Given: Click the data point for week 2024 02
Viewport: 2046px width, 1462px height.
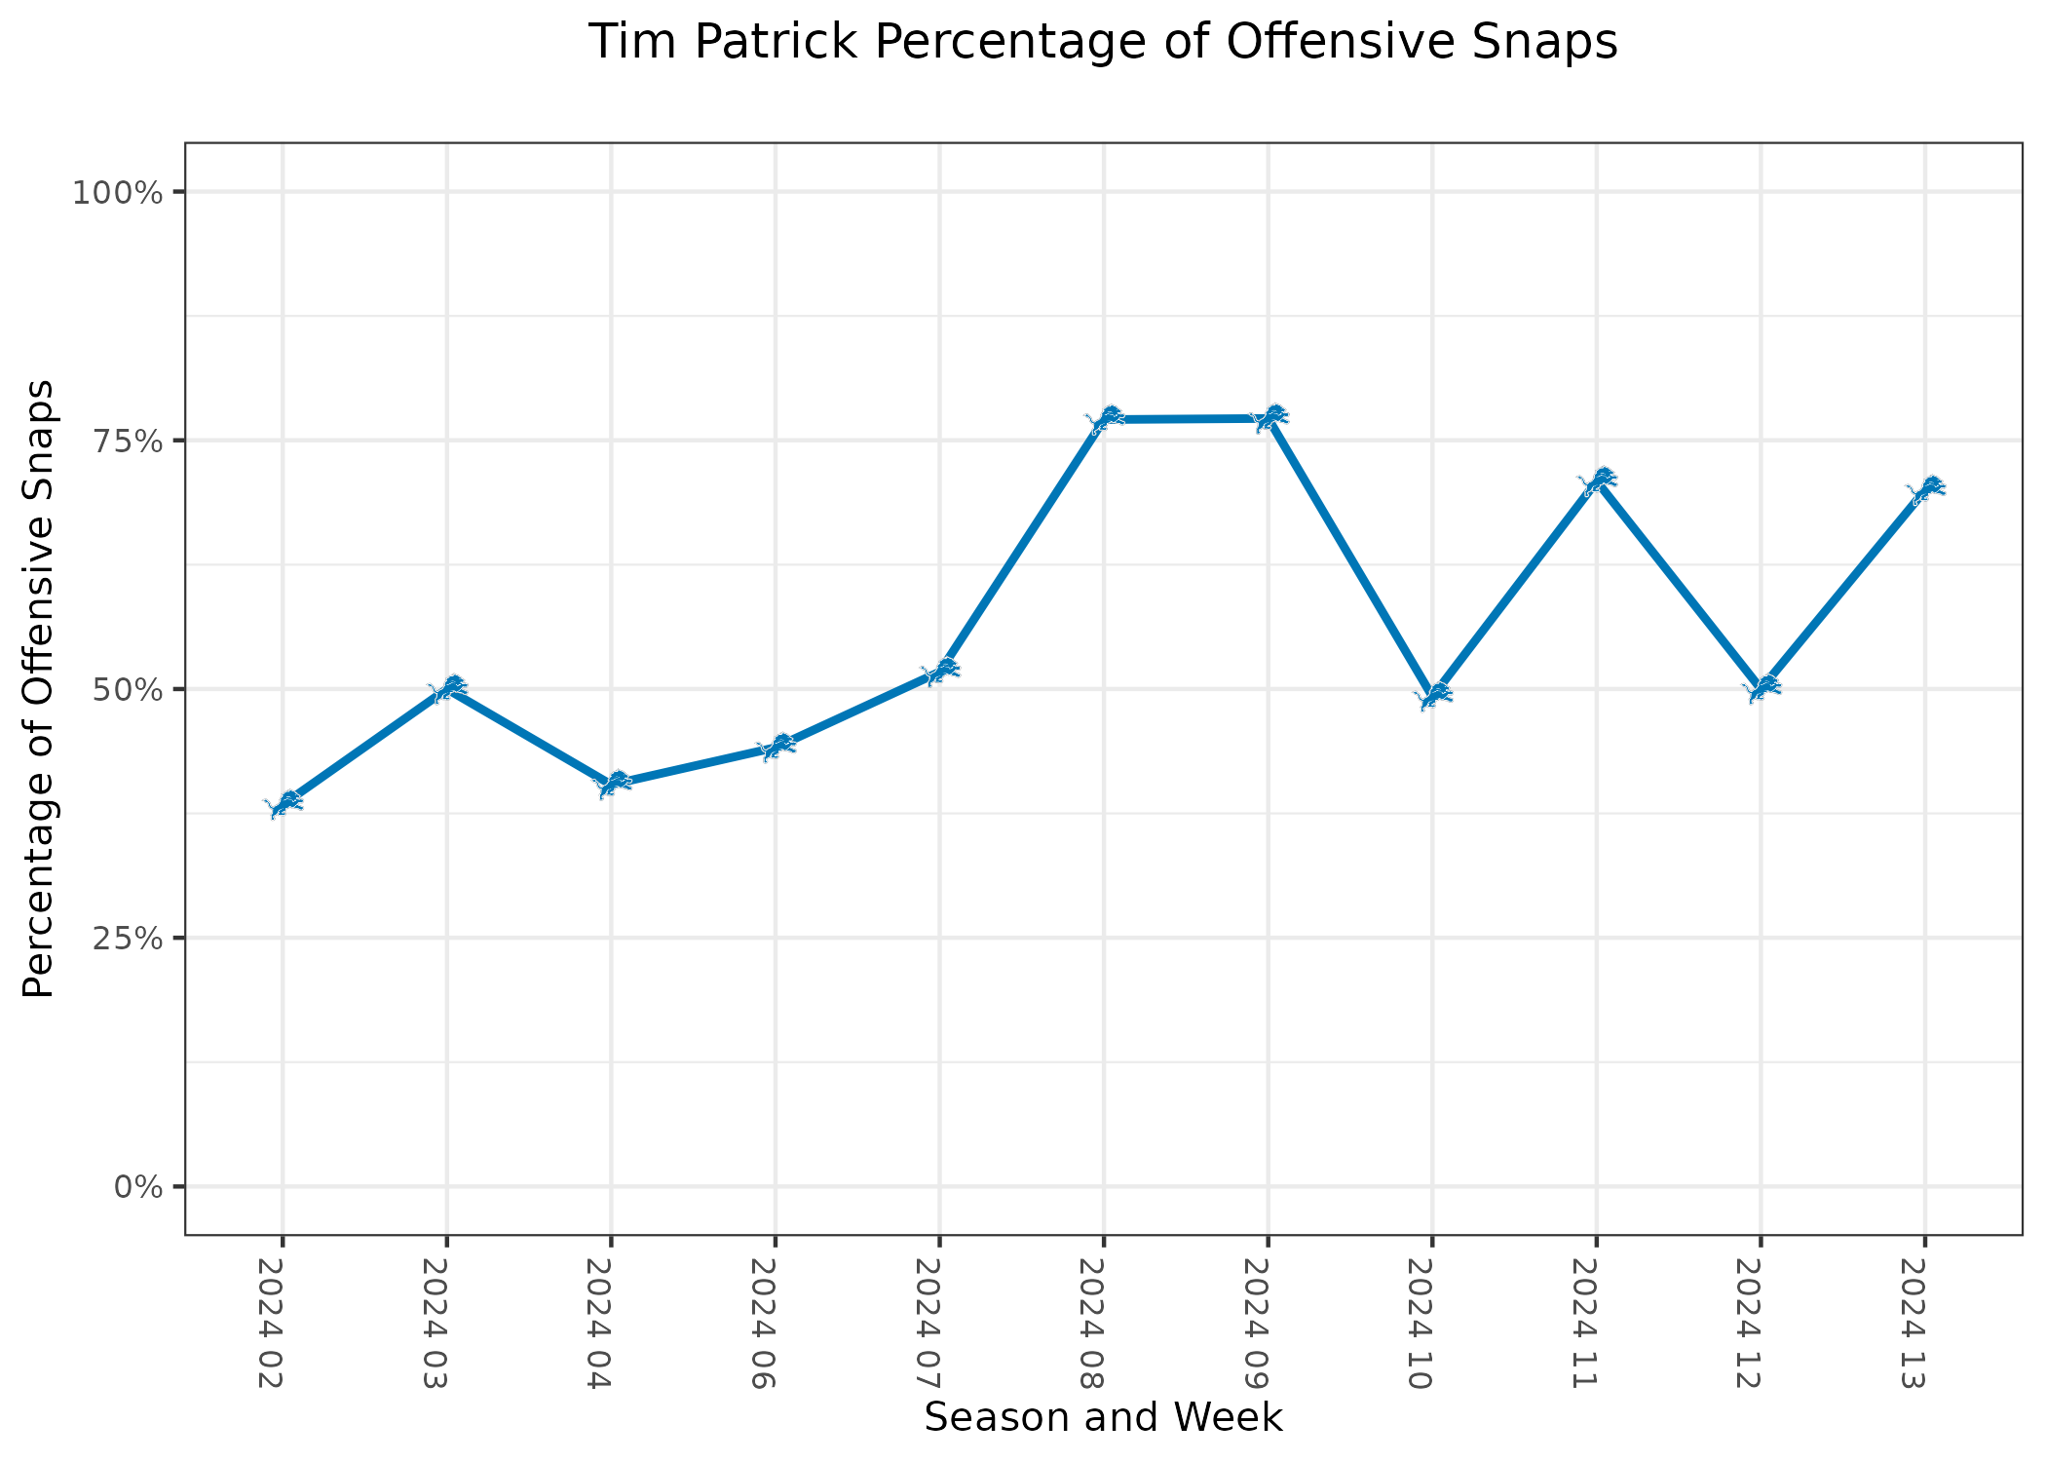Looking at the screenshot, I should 284,804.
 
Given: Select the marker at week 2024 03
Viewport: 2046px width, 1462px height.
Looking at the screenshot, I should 447,688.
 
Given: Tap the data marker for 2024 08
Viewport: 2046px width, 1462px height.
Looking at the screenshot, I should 1105,419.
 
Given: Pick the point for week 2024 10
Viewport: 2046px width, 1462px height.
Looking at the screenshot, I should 1433,695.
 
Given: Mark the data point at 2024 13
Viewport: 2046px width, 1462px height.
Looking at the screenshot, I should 1925,489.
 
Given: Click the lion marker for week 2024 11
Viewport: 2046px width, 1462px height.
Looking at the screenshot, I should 1598,481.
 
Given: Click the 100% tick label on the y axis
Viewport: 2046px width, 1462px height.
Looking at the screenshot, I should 116,192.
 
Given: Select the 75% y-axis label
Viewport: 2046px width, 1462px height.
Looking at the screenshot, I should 124,441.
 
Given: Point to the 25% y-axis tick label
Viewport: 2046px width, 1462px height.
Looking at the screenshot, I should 124,939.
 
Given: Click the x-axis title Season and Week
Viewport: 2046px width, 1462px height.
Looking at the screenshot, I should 1103,1418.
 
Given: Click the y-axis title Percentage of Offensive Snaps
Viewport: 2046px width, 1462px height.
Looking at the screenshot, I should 39,689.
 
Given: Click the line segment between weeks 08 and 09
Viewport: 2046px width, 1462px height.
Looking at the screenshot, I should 1187,419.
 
